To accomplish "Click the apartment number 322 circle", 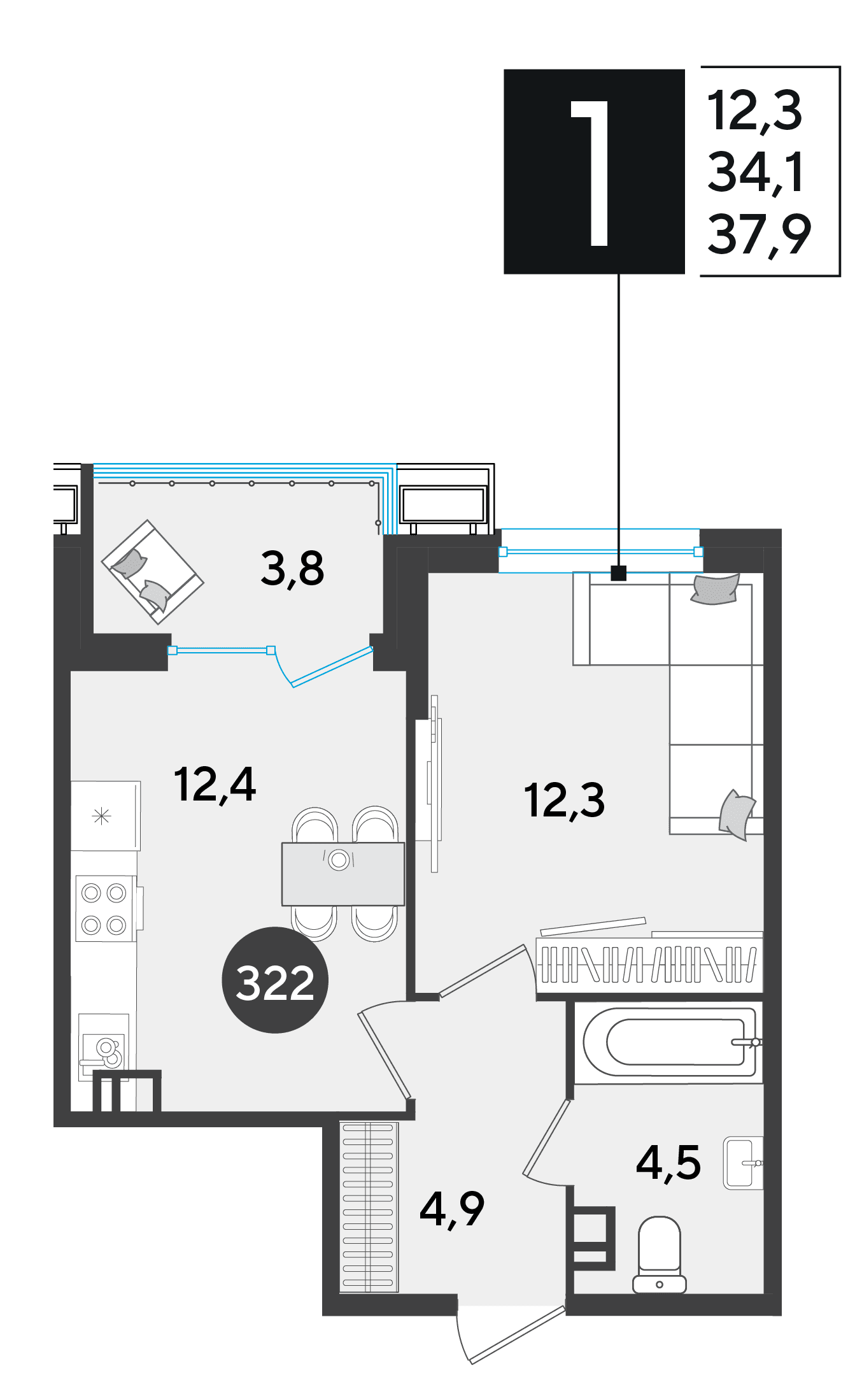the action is (x=275, y=980).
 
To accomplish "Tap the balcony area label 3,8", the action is (x=292, y=569).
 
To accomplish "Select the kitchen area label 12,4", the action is (x=215, y=785).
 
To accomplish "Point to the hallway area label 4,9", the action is (x=452, y=1209).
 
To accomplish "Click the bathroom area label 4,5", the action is (x=668, y=1163).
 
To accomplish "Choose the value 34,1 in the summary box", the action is (x=756, y=173).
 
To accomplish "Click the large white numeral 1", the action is (x=591, y=173).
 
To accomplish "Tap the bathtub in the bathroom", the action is (x=668, y=1043).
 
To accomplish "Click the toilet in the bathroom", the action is (x=660, y=1255).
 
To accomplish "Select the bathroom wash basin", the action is (x=743, y=1163).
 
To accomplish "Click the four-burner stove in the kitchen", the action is (x=106, y=909).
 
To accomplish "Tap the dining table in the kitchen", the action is (x=343, y=874).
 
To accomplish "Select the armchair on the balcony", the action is (x=153, y=572).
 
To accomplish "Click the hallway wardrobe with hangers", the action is (x=369, y=1207).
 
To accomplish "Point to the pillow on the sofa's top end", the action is (x=716, y=589).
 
